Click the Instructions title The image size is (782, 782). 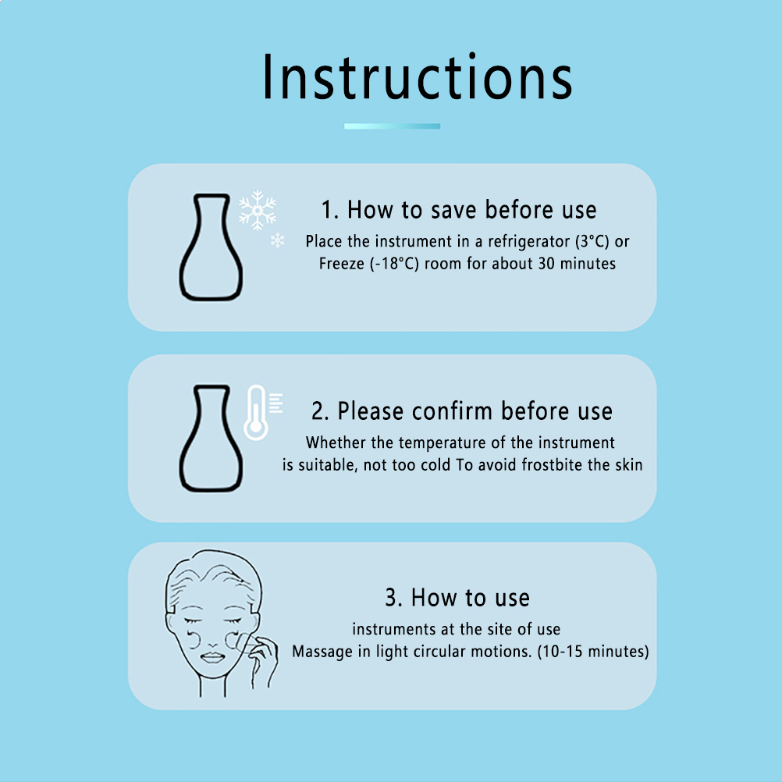(418, 76)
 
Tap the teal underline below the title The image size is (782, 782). (392, 126)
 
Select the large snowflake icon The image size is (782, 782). (258, 210)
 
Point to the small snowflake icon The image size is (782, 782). (277, 240)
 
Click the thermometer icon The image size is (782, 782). (256, 412)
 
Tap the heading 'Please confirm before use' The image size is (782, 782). (475, 411)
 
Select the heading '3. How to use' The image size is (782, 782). (457, 598)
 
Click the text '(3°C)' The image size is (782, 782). (592, 241)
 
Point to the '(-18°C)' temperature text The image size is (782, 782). (394, 263)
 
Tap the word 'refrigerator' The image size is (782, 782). (528, 242)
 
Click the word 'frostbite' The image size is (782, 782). (552, 465)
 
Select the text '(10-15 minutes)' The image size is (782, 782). (593, 652)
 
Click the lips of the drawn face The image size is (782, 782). (213, 658)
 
